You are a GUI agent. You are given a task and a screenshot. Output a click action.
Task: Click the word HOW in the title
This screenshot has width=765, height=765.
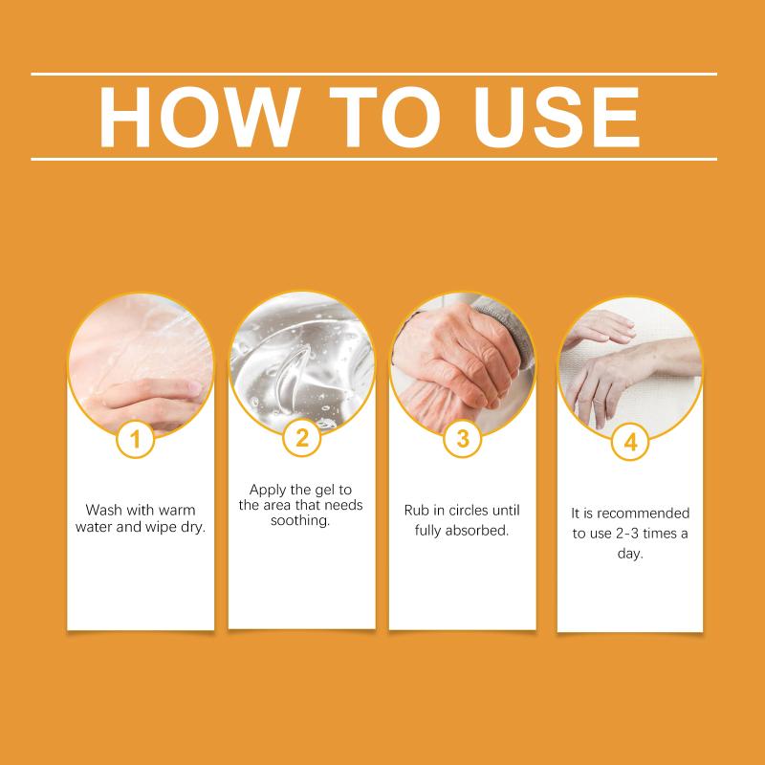pyautogui.click(x=199, y=117)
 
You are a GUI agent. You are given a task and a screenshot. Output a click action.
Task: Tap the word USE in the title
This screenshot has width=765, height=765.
pyautogui.click(x=557, y=117)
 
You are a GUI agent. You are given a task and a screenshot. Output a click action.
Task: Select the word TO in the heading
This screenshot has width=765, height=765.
pyautogui.click(x=384, y=117)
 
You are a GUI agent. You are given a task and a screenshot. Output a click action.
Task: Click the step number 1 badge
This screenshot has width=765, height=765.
pyautogui.click(x=136, y=439)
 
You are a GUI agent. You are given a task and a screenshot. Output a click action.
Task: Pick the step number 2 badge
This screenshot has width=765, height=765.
pyautogui.click(x=301, y=438)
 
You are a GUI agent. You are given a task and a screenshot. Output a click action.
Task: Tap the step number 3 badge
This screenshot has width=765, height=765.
pyautogui.click(x=463, y=439)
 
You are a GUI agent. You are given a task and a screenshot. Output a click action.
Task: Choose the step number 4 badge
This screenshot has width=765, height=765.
pyautogui.click(x=630, y=442)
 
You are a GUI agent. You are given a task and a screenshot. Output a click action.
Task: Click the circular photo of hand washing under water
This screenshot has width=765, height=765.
pyautogui.click(x=141, y=363)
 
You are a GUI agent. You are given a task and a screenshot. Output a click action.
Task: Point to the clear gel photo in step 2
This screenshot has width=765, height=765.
pyautogui.click(x=302, y=362)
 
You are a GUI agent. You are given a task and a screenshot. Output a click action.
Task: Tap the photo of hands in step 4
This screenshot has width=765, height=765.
pyautogui.click(x=630, y=367)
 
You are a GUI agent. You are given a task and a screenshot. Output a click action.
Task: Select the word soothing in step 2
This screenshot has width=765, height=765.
pyautogui.click(x=300, y=520)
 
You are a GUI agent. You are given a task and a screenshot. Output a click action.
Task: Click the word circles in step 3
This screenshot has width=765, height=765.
pyautogui.click(x=468, y=511)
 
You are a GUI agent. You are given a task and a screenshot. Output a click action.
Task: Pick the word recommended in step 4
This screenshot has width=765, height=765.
pyautogui.click(x=643, y=514)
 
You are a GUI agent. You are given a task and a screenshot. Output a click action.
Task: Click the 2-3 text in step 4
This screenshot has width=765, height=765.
pyautogui.click(x=627, y=534)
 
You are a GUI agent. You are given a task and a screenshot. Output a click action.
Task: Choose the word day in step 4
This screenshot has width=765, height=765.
pyautogui.click(x=630, y=554)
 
